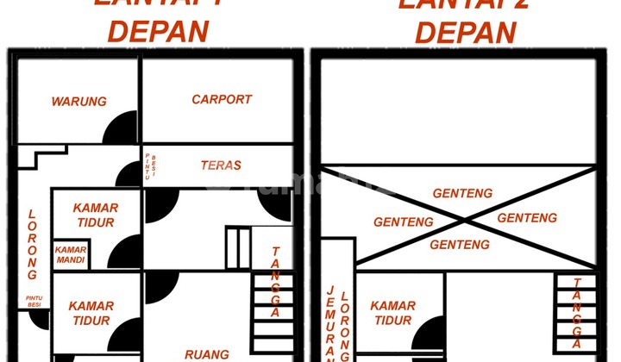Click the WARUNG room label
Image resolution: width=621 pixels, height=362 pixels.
coord(78,102)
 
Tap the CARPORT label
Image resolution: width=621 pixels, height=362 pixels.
coord(222,99)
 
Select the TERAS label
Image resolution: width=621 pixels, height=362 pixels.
coord(221,165)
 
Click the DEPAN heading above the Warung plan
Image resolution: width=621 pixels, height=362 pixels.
coord(158,31)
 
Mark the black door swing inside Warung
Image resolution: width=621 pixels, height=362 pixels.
coord(121,129)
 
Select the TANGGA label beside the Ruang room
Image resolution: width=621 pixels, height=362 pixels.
coord(275,282)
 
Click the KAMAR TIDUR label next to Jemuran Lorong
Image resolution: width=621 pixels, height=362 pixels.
coord(392,313)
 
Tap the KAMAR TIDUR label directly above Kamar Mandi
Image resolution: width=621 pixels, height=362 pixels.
coord(96,215)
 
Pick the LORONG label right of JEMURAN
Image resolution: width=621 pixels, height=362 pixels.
coord(344,322)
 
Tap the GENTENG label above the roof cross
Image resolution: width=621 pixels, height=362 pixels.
coord(462,194)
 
